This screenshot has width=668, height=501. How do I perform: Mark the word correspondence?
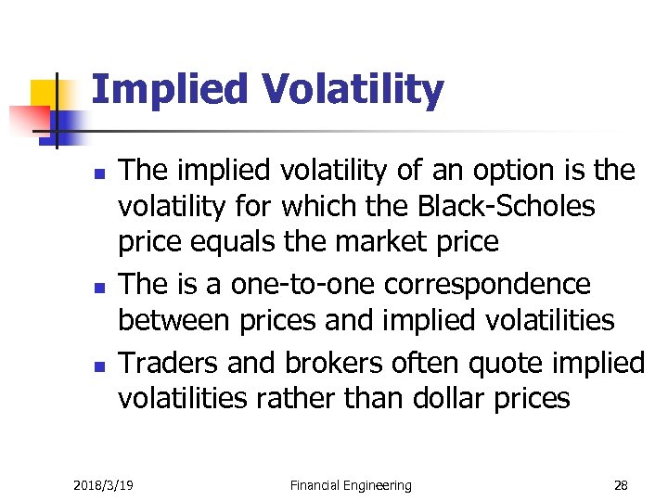[497, 282]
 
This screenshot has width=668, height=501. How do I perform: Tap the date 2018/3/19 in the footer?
[102, 485]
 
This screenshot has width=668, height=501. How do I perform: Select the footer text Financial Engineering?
[351, 485]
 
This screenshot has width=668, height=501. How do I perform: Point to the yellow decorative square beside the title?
[45, 94]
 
